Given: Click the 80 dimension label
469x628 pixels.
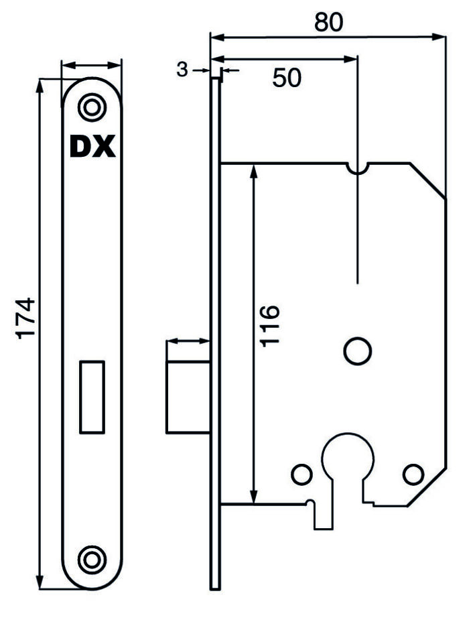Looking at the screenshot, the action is (x=328, y=22).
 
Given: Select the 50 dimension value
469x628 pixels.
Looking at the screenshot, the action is (x=287, y=78).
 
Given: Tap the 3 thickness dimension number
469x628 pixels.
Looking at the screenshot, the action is (x=182, y=70).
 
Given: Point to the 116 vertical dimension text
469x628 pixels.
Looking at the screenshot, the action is (x=269, y=326).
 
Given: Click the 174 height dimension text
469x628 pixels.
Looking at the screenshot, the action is (x=25, y=318).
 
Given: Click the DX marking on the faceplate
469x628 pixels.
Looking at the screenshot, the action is (x=92, y=146).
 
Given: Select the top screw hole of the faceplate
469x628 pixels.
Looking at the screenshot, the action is (x=92, y=107).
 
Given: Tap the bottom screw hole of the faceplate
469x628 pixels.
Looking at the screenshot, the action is (x=92, y=560).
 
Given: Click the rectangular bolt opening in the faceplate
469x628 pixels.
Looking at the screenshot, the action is (x=92, y=397).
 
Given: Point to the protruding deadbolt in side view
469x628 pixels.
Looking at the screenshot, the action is (x=188, y=397).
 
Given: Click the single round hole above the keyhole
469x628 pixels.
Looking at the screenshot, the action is (x=358, y=351).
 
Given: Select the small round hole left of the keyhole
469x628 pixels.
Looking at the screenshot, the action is (x=302, y=475).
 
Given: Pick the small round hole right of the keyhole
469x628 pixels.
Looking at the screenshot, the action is (x=413, y=475).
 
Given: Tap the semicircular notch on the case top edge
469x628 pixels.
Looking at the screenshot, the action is (x=358, y=169).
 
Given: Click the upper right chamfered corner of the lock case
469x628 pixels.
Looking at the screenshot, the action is (x=427, y=181).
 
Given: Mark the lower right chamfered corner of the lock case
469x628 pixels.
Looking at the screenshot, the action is (x=427, y=487).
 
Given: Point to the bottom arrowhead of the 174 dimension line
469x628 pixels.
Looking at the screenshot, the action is (x=40, y=581).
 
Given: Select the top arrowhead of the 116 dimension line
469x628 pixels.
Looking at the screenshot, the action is (x=253, y=172).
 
